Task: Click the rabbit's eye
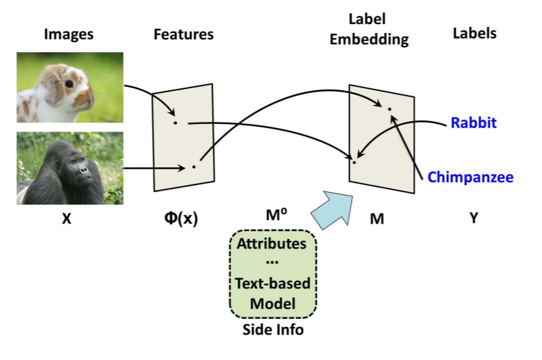(x=70, y=84)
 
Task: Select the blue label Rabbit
(x=473, y=123)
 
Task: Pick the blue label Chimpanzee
(x=470, y=177)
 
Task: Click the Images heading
(x=68, y=34)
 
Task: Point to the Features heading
(x=183, y=34)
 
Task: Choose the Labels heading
(x=475, y=32)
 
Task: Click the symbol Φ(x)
(x=181, y=219)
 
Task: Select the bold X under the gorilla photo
(x=66, y=219)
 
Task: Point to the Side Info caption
(x=273, y=330)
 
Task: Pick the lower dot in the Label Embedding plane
(x=354, y=162)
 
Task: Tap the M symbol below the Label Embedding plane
(x=376, y=219)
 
